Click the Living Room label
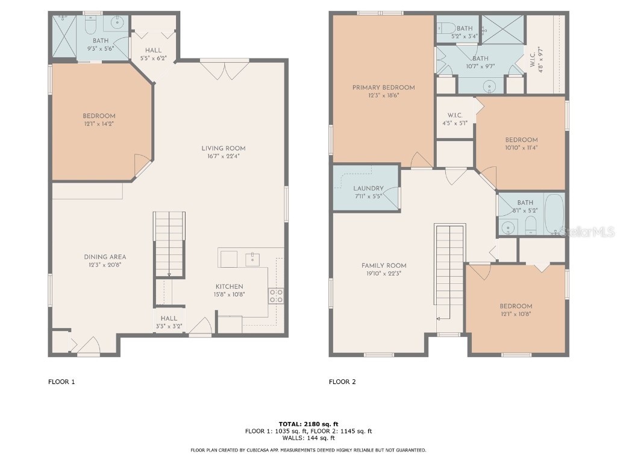coord(223,148)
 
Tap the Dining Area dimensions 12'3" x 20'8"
coord(105,265)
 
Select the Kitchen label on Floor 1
coord(230,286)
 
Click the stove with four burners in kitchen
coord(276,296)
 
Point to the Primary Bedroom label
coord(383,87)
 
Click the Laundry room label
coord(368,188)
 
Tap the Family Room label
coord(384,265)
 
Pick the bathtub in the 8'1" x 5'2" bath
coord(554,215)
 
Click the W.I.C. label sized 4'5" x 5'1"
coord(454,115)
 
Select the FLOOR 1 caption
coord(61,382)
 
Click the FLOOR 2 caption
coord(342,382)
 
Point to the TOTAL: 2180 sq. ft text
coord(308,423)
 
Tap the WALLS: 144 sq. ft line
coord(308,438)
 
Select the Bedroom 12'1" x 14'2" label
coord(99,116)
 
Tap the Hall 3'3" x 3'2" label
coord(169,318)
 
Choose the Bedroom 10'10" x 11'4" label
coord(521,140)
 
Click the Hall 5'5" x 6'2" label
coord(153,51)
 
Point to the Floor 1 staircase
coord(169,244)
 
